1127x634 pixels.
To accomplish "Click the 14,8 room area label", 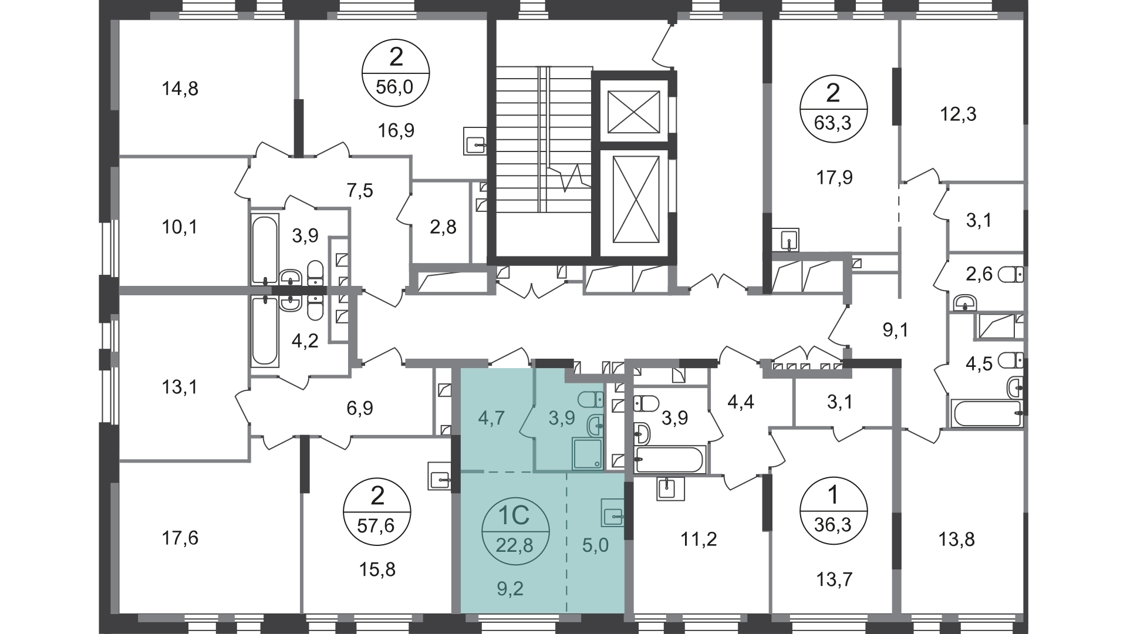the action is (x=180, y=89).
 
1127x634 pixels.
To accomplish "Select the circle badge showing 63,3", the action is (x=833, y=109).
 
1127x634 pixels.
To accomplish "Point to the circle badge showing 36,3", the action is (x=833, y=511).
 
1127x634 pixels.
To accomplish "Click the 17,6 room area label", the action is (x=180, y=538).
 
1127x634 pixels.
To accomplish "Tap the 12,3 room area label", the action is (x=958, y=114).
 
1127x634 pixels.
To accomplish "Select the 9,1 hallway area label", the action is (x=896, y=331).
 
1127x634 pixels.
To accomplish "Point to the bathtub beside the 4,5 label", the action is (x=986, y=414).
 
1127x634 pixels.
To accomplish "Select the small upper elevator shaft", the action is (x=634, y=112).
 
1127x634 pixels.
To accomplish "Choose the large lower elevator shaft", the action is (x=634, y=200).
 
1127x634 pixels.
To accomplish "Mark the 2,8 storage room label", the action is (x=443, y=227).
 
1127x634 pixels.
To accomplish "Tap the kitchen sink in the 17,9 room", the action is (x=787, y=240).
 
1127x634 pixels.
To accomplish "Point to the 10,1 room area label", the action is (x=180, y=227).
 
